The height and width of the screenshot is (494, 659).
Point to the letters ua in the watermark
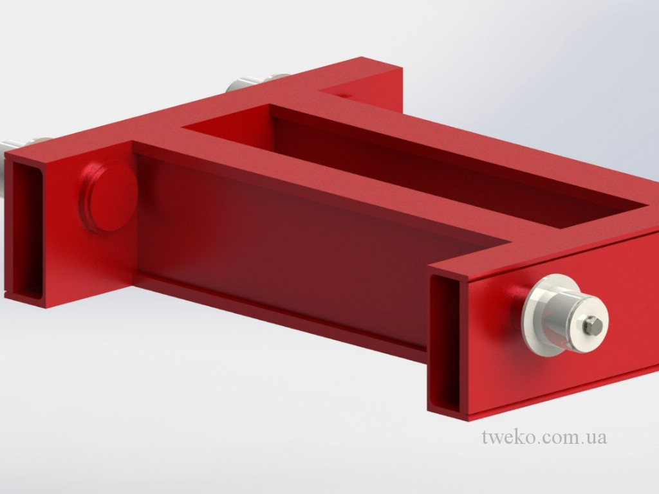(x=595, y=437)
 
